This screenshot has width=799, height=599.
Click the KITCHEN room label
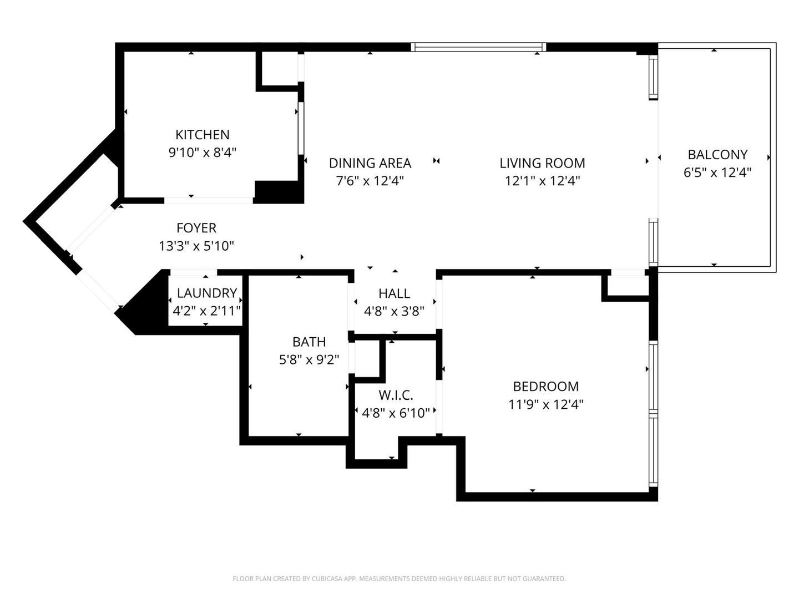(x=202, y=135)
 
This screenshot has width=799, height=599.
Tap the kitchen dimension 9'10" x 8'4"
(x=202, y=153)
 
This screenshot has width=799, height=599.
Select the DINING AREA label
(x=370, y=163)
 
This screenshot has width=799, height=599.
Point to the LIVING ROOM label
(x=542, y=163)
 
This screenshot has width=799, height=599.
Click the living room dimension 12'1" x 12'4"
(x=542, y=181)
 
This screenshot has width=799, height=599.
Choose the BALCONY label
(x=717, y=155)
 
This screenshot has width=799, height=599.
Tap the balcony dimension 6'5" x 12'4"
(x=717, y=172)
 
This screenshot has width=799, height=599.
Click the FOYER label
(x=196, y=228)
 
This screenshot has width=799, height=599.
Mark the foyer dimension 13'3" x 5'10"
(x=196, y=246)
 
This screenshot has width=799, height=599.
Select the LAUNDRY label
(x=207, y=293)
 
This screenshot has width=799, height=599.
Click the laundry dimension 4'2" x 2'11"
(x=207, y=311)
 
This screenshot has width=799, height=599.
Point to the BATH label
(x=309, y=342)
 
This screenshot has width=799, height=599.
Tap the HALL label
(x=394, y=293)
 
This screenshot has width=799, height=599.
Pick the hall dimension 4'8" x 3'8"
(x=394, y=311)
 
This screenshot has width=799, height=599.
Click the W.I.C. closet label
(x=396, y=395)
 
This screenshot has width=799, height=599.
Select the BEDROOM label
(x=545, y=387)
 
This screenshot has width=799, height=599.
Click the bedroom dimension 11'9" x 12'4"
(x=545, y=404)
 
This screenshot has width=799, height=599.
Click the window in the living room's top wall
(x=478, y=47)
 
